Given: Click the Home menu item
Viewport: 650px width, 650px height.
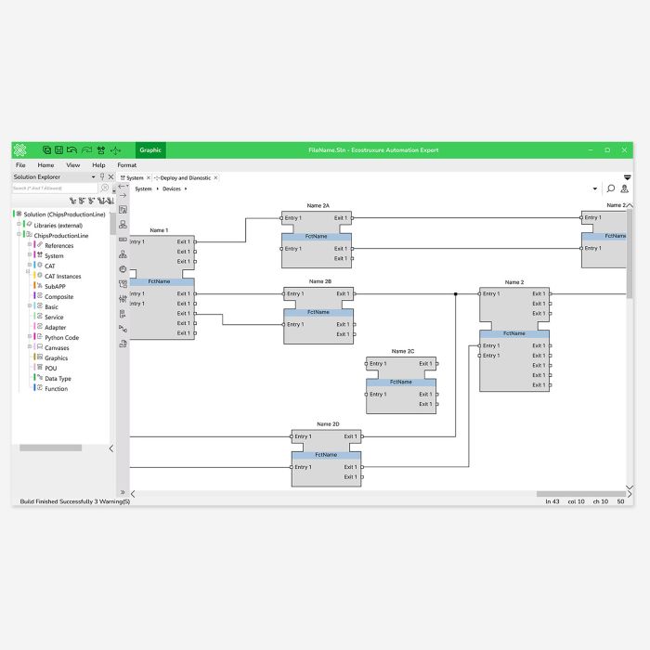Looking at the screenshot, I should tap(45, 164).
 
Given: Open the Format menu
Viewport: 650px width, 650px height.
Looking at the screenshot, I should tap(126, 164).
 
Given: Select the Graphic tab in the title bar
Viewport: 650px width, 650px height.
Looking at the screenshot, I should tap(150, 149).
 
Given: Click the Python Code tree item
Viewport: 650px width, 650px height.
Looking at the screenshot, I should tap(61, 338).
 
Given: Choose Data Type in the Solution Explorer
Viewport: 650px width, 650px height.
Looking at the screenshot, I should tap(58, 378).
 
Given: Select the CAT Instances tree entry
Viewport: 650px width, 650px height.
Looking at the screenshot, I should tap(62, 276).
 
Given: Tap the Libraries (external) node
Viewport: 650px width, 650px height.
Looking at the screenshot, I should tap(58, 225).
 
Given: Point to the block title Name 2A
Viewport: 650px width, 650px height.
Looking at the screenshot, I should tap(318, 205).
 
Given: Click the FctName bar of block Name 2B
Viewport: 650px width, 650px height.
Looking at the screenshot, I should tap(318, 312).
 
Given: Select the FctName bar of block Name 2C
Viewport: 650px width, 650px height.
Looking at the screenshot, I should tap(401, 382).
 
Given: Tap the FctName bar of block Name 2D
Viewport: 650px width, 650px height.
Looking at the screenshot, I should tap(326, 455).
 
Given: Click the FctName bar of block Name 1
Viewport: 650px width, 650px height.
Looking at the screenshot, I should tap(160, 281).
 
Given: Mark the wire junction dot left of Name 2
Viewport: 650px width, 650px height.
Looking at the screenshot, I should tap(456, 294).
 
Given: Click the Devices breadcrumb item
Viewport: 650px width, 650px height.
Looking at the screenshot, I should tap(172, 188).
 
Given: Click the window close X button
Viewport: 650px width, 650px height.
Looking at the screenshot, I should tap(625, 149).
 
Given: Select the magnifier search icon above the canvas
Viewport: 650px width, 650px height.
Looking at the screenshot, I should tap(610, 188).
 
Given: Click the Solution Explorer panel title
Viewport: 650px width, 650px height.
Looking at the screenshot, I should tap(36, 176).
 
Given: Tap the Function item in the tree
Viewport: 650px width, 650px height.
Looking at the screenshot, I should tap(56, 388).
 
